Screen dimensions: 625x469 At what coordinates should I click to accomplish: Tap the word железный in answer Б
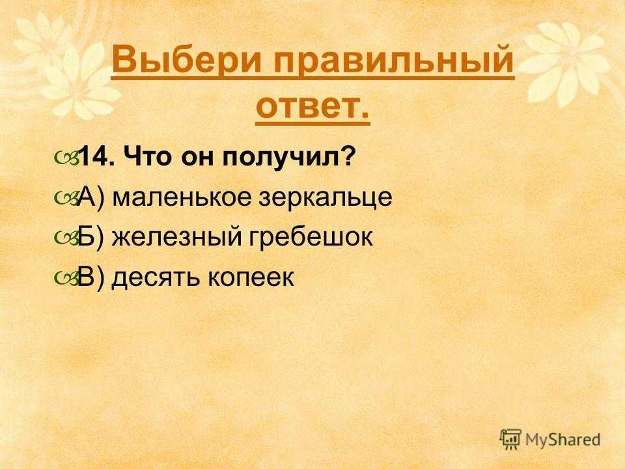coord(177,238)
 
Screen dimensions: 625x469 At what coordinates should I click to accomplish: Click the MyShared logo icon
coord(510,439)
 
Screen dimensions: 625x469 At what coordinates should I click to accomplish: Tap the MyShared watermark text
coord(562,440)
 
